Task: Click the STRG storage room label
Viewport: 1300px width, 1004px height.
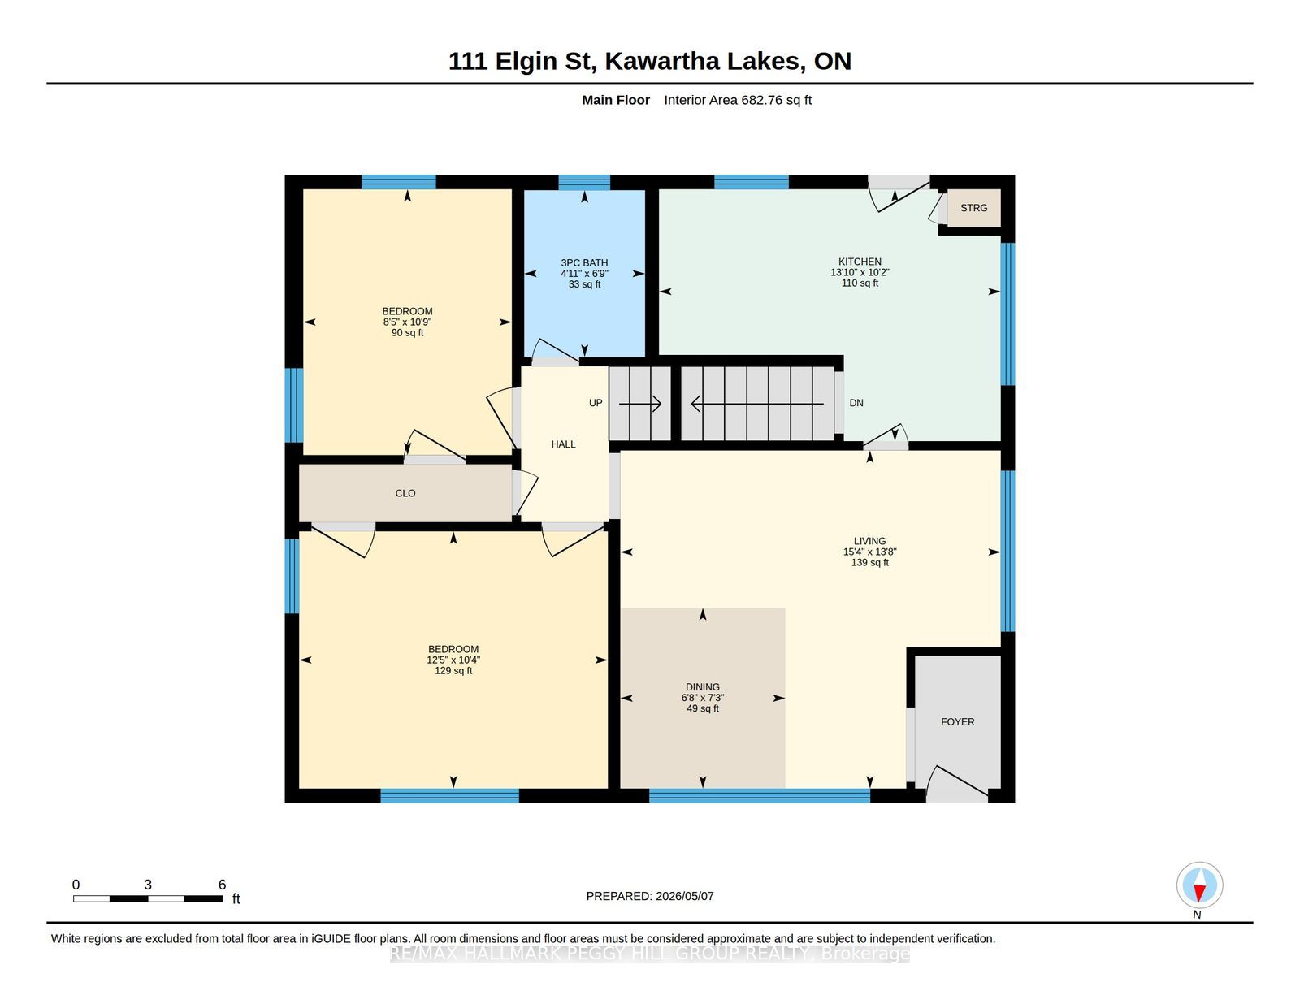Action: tap(973, 208)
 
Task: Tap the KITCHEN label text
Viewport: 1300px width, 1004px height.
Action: tap(860, 262)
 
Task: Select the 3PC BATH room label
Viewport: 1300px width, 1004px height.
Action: tap(584, 263)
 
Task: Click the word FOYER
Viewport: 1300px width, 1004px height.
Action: tap(957, 722)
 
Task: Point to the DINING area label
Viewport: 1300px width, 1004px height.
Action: tap(702, 687)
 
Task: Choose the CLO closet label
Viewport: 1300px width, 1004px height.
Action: tap(405, 493)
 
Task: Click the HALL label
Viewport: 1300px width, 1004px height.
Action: tap(563, 444)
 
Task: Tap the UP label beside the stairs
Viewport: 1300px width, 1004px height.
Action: tap(596, 403)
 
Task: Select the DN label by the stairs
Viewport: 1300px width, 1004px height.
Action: tap(856, 403)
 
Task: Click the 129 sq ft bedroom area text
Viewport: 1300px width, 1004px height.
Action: tap(453, 671)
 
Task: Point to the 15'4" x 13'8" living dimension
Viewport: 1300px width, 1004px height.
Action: tap(870, 552)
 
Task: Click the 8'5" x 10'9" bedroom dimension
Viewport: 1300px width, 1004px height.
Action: tap(407, 322)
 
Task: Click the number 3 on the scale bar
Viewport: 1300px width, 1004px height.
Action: tap(148, 885)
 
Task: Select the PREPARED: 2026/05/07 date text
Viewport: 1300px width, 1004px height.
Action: tap(650, 896)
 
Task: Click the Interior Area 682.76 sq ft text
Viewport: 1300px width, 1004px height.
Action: tap(738, 101)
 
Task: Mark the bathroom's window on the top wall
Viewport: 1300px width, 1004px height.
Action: tap(584, 183)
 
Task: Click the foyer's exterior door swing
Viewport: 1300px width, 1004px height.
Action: tap(956, 783)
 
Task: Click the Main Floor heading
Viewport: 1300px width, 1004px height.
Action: tap(616, 101)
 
